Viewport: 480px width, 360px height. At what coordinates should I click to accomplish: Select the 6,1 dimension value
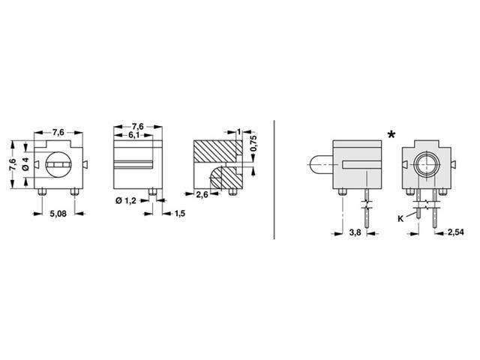[x=136, y=134]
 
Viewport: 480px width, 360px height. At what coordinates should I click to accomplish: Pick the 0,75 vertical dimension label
[x=253, y=143]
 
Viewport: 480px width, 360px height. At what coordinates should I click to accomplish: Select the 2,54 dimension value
[x=454, y=233]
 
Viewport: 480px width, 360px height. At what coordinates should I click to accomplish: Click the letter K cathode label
[x=400, y=219]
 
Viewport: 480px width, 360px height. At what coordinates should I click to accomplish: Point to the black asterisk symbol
[x=392, y=136]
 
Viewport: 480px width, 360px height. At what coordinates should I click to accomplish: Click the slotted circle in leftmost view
[x=58, y=163]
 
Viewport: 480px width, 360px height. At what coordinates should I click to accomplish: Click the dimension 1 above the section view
[x=238, y=132]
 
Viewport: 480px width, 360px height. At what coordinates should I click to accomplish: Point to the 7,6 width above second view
[x=138, y=126]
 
